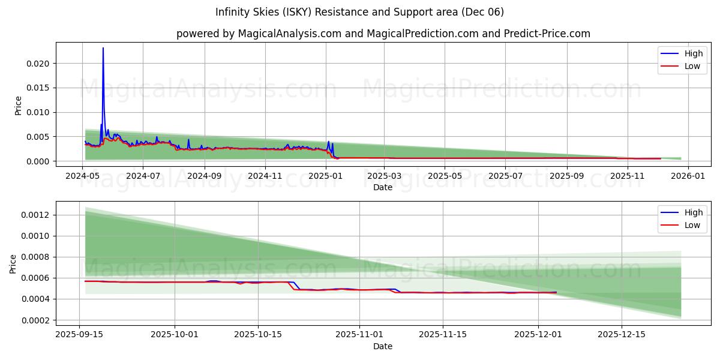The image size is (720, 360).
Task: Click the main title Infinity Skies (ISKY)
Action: [x=359, y=12]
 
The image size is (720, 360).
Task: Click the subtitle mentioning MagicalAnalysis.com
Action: [x=383, y=34]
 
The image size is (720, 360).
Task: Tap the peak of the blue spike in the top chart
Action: [x=103, y=48]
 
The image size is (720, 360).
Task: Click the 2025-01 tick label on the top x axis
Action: [x=326, y=176]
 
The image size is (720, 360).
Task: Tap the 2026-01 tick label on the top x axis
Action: [x=688, y=176]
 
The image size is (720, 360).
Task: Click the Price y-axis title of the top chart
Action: [x=18, y=106]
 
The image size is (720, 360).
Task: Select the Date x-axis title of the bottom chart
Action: [x=383, y=346]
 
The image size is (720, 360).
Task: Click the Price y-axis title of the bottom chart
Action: [x=13, y=264]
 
